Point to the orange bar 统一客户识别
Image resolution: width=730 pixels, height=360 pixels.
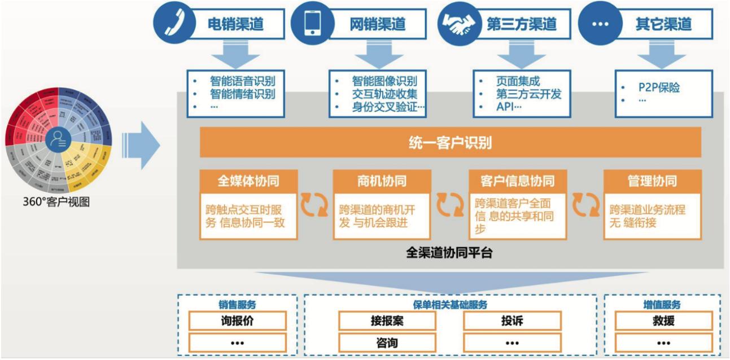(x=450, y=143)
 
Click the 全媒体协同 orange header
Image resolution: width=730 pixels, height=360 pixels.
(x=248, y=181)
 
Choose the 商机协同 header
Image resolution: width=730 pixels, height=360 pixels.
(x=382, y=181)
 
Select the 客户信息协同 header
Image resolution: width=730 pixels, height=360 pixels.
(x=517, y=181)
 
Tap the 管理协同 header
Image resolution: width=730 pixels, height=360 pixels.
(x=652, y=181)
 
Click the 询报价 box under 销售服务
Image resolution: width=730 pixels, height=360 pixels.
(x=237, y=321)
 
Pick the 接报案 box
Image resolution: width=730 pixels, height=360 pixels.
(x=387, y=321)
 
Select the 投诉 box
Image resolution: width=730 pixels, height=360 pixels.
(x=512, y=321)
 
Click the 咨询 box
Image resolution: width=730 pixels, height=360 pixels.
(x=387, y=343)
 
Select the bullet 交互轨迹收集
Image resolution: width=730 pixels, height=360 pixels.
(x=384, y=94)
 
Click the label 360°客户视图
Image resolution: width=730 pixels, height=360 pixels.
(x=55, y=201)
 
